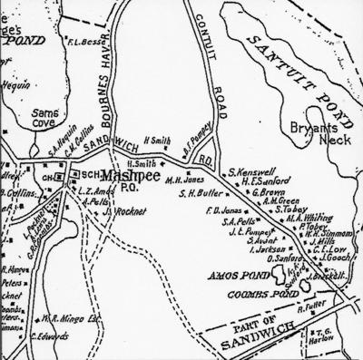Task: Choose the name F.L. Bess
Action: click(x=96, y=42)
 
